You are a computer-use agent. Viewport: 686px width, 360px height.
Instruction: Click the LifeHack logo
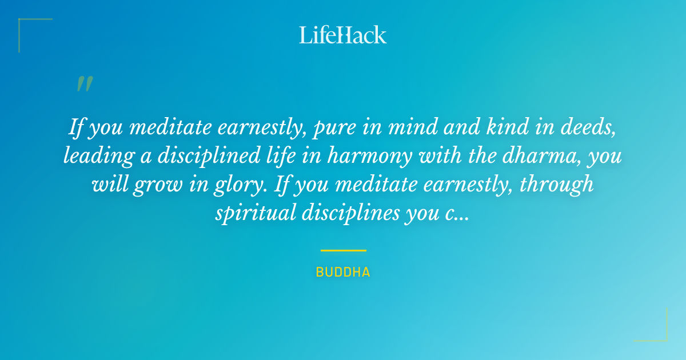(x=343, y=34)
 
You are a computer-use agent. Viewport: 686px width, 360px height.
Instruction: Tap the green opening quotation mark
(x=85, y=84)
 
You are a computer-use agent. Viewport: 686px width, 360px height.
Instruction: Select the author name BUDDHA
(x=343, y=272)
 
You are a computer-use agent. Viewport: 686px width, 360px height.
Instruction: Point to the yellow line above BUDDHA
(x=343, y=250)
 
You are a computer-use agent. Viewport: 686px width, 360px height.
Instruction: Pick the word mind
(x=405, y=127)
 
